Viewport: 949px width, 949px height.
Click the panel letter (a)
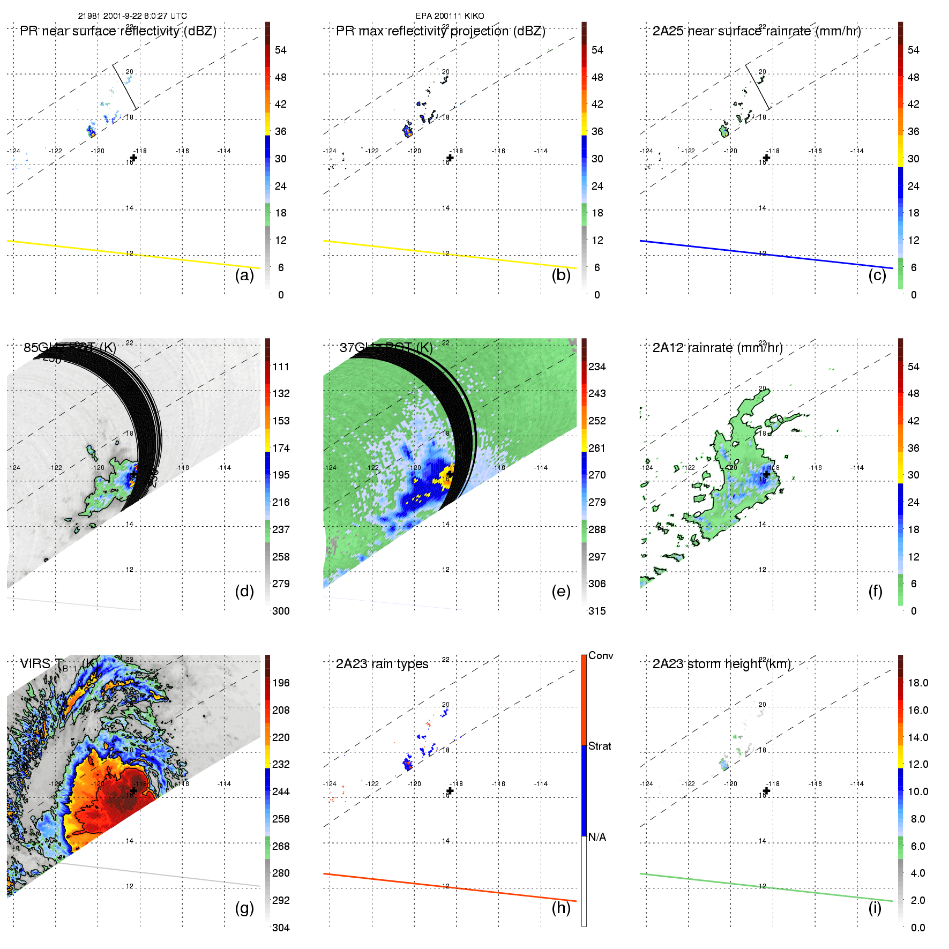(x=244, y=275)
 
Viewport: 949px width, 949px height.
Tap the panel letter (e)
(x=561, y=592)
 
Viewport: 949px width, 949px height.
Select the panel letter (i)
(x=875, y=908)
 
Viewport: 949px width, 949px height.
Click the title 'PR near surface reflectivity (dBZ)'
(x=118, y=31)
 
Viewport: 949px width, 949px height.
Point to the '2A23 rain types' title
(x=382, y=664)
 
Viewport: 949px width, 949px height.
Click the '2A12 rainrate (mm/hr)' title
(x=718, y=348)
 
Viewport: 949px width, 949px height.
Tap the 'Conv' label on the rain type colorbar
(x=601, y=656)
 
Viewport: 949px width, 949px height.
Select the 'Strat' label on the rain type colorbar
(x=600, y=746)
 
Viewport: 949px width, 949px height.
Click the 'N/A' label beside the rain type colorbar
(x=597, y=837)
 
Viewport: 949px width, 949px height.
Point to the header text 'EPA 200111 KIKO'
(x=450, y=16)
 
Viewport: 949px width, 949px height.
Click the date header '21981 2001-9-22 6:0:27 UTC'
(x=132, y=16)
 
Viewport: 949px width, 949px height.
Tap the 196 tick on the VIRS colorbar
(x=281, y=683)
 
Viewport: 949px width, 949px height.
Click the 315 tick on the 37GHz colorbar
(x=597, y=611)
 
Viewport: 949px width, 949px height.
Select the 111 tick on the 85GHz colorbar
(x=281, y=367)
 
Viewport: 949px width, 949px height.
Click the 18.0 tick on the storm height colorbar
(x=918, y=683)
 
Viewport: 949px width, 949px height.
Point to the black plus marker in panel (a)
(x=133, y=158)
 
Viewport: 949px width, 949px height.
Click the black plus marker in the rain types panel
(x=450, y=791)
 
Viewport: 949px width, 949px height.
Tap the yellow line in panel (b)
(x=450, y=255)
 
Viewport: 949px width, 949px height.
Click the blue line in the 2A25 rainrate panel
(x=766, y=255)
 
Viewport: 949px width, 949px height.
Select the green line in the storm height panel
(x=766, y=887)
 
